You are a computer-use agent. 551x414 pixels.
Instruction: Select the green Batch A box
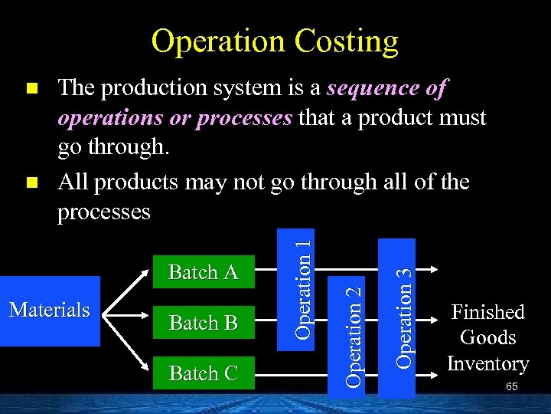point(203,272)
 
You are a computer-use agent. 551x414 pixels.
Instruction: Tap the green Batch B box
point(203,323)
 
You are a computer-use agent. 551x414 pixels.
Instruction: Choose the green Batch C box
point(203,373)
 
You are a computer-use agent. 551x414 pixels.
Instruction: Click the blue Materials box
point(50,310)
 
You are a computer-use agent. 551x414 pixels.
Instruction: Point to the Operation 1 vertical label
point(304,287)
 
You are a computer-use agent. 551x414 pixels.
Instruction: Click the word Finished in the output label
point(487,312)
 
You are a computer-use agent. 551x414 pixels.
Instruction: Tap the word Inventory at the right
point(487,363)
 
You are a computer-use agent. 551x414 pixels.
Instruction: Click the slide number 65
point(511,387)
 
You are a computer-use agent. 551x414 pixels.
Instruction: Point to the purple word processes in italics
point(244,118)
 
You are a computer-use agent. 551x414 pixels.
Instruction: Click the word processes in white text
point(104,212)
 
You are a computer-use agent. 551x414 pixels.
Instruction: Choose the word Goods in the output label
point(487,337)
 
